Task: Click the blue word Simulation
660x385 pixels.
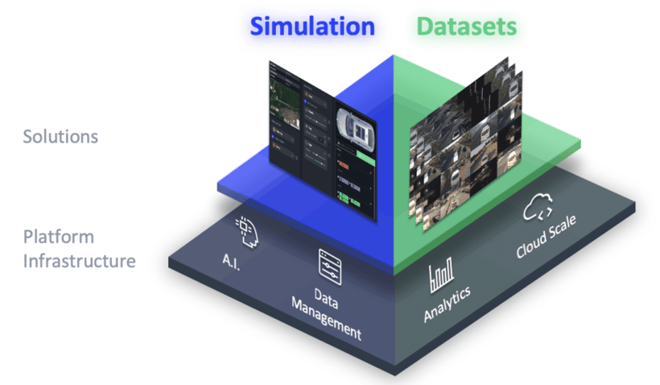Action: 312,27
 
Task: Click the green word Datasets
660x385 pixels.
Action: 466,27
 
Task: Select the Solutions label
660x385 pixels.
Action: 60,136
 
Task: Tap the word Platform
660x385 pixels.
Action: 58,238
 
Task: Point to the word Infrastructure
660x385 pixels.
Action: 79,261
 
